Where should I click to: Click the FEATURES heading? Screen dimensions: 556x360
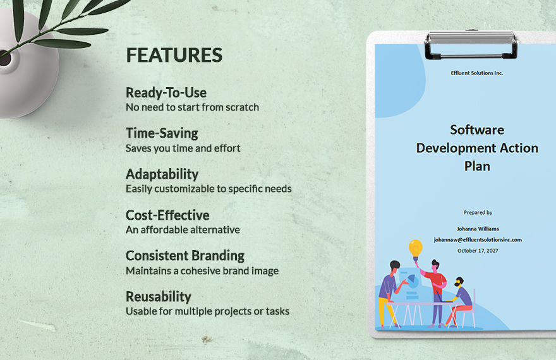174,56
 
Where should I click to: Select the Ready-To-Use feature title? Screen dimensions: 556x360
166,93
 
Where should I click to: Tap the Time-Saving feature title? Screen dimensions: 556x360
162,134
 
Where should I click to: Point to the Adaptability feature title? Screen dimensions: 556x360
162,174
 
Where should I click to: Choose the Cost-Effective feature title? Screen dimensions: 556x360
167,215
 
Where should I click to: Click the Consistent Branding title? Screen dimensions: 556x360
185,256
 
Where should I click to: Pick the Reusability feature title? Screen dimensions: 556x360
159,297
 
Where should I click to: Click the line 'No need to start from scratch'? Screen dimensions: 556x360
192,107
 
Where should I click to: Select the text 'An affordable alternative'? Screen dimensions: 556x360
183,230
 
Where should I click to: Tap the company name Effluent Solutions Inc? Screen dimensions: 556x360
477,73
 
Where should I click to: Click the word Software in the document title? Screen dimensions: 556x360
477,130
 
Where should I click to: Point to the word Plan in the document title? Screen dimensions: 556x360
477,167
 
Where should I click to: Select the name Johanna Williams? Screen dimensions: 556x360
478,229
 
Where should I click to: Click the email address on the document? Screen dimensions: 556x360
478,240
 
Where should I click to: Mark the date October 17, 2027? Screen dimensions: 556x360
478,251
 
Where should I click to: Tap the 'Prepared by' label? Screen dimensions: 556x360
478,213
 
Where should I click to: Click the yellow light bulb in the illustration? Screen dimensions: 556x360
416,249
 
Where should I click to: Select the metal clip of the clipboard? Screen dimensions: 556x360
471,45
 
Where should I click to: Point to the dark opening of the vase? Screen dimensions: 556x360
5,58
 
